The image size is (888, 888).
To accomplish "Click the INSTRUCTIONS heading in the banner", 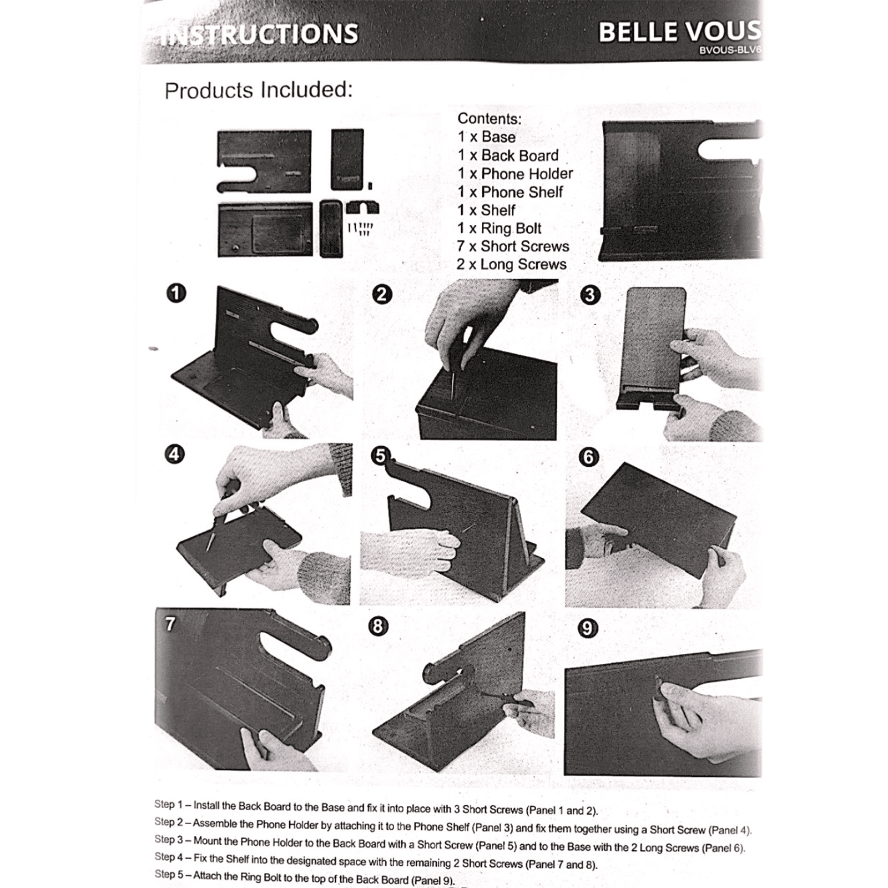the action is [x=260, y=34].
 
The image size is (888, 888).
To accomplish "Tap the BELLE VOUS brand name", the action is [x=680, y=32].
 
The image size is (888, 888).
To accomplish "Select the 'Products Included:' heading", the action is [x=259, y=90].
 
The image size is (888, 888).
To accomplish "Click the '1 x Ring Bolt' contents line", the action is [x=500, y=228].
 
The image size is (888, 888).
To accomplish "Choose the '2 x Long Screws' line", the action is [x=512, y=264].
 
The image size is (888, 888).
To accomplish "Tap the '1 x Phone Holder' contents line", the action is [x=515, y=174].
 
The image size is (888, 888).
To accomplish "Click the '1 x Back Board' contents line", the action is [x=508, y=155].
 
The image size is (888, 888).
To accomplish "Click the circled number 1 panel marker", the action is [x=176, y=292].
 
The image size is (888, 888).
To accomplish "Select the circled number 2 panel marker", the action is [x=381, y=294].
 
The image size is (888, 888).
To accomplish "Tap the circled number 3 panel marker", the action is [x=590, y=295].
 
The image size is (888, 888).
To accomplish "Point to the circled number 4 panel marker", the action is [x=174, y=455].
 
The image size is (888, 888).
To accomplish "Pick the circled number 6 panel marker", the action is [x=588, y=457].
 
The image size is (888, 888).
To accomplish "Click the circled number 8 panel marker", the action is [x=378, y=626].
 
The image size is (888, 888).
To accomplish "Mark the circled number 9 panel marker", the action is [x=588, y=628].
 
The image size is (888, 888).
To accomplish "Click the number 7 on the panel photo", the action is [x=170, y=624].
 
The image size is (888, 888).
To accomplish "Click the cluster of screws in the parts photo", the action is [x=360, y=228].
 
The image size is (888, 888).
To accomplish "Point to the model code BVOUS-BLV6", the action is [x=730, y=50].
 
